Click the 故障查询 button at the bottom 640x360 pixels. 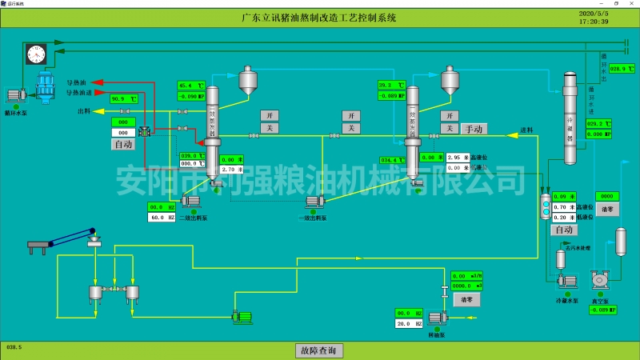(319, 350)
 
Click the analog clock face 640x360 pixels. (34, 53)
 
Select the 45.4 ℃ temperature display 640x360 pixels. (191, 86)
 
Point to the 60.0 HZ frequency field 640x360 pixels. (162, 217)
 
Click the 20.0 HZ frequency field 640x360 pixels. (409, 323)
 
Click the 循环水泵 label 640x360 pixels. (16, 113)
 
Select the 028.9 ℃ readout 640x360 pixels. (620, 70)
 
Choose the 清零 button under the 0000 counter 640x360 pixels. (606, 208)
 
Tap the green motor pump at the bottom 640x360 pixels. (240, 317)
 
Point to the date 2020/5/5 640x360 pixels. (594, 13)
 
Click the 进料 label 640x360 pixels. (526, 130)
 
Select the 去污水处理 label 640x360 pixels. (578, 248)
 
